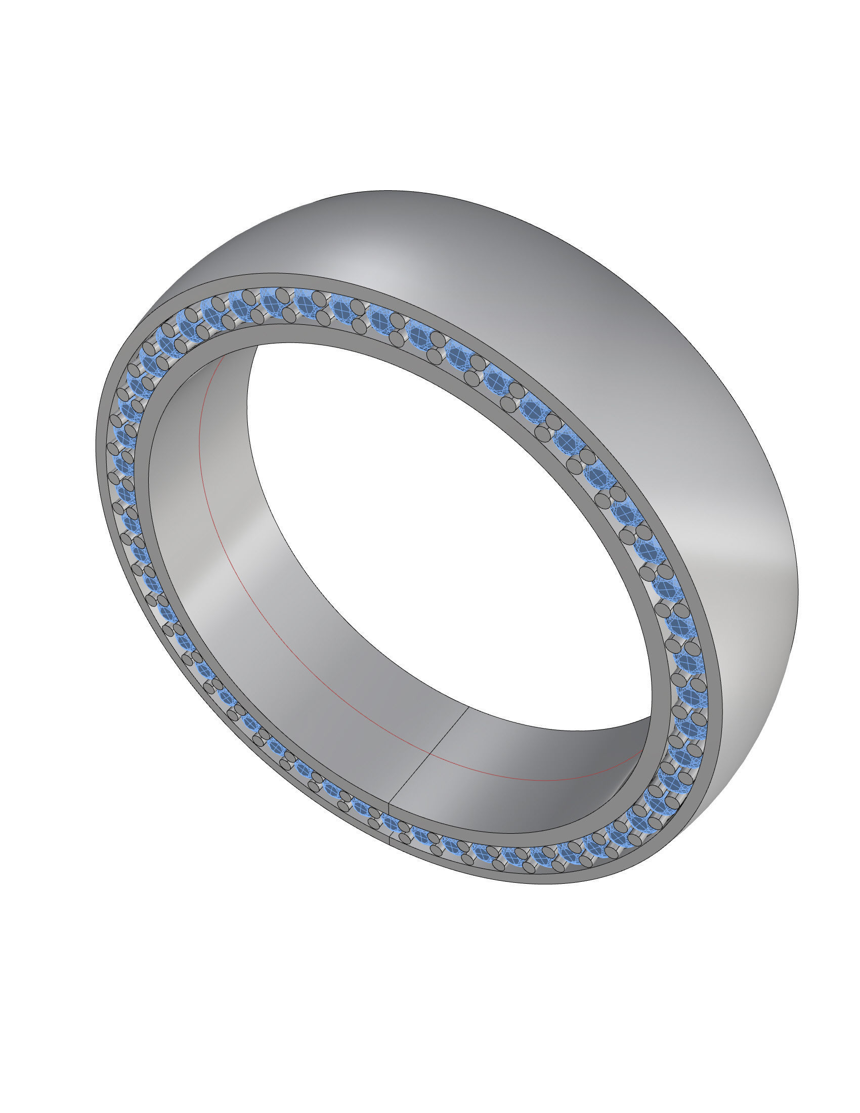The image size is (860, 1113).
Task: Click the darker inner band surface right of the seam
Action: [x=535, y=764]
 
